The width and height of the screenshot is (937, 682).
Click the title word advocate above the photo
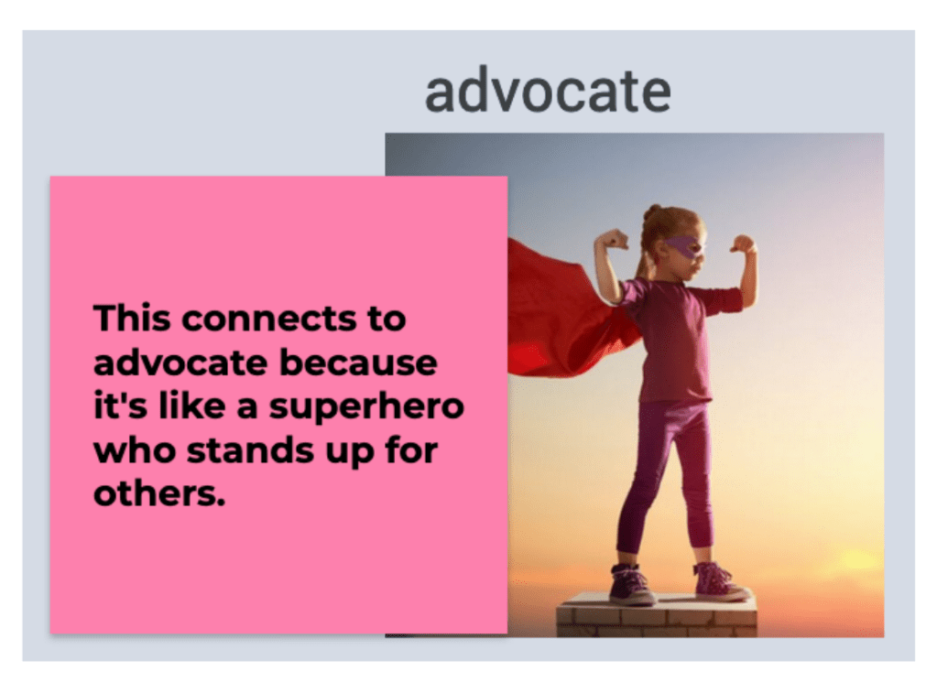click(x=548, y=92)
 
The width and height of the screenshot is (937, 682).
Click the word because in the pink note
click(x=358, y=363)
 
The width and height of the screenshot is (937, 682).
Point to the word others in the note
click(x=159, y=494)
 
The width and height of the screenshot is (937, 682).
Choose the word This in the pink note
click(x=132, y=318)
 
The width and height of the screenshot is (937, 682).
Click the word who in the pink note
click(x=135, y=450)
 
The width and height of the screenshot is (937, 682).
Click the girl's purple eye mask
click(x=684, y=244)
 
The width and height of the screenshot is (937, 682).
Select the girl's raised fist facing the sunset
click(x=743, y=244)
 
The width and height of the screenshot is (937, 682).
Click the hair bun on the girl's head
click(x=652, y=212)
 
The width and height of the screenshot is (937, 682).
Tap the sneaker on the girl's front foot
click(x=719, y=581)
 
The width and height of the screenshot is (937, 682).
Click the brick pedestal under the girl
click(x=657, y=615)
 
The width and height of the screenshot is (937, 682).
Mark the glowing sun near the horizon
click(x=855, y=561)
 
